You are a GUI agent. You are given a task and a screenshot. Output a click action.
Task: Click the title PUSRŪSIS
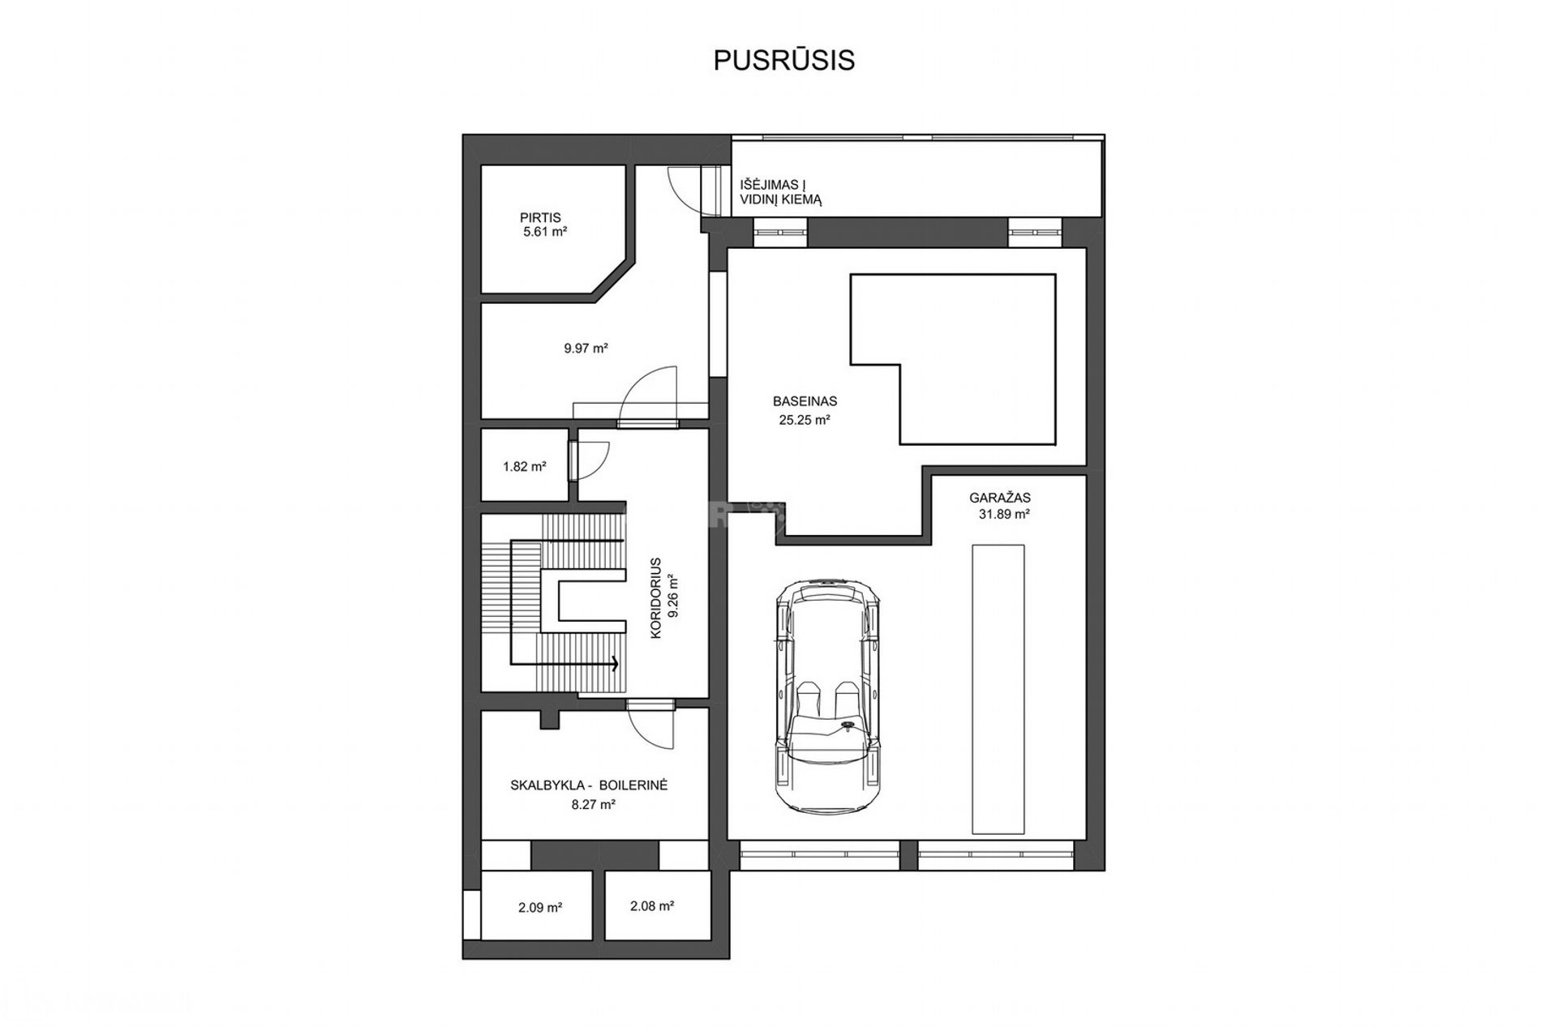(783, 60)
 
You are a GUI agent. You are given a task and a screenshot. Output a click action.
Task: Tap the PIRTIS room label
(540, 217)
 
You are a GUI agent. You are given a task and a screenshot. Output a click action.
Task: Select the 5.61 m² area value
(545, 232)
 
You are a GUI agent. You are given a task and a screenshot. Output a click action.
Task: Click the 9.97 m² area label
(586, 349)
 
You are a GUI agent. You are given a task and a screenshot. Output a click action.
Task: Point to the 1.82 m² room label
(524, 467)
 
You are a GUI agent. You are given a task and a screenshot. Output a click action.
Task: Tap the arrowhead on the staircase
(614, 664)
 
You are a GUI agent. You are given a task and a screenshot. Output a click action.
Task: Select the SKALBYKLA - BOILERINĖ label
(589, 785)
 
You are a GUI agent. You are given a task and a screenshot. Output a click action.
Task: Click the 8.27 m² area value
(593, 805)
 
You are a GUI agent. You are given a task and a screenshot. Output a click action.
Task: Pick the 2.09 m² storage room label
(540, 908)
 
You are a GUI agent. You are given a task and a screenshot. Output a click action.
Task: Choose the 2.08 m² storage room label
(652, 906)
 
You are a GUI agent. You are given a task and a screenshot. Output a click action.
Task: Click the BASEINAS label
(805, 401)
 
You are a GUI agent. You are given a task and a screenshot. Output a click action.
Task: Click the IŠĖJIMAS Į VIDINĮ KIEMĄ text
(780, 192)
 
